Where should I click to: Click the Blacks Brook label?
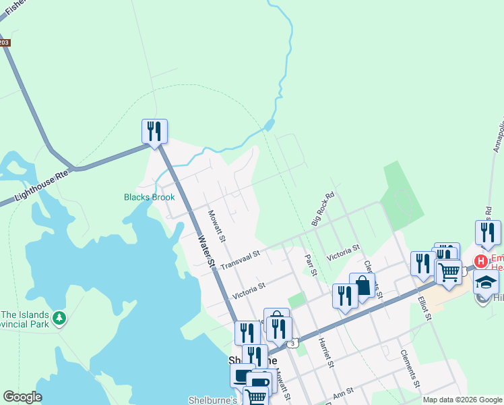coord(149,198)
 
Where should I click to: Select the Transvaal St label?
coord(240,257)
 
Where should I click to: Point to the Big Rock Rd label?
coord(323,210)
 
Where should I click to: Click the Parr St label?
coord(311,264)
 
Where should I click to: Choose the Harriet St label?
coord(326,353)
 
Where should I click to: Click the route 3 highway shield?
coord(292,344)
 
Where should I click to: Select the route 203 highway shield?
coord(4,43)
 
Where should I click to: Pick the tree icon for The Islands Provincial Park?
coord(60,317)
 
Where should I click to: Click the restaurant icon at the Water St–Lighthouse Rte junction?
coord(154,131)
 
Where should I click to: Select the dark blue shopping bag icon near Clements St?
coord(362,285)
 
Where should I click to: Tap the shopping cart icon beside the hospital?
coord(448,271)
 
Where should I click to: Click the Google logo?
coord(22,397)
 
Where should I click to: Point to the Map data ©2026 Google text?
coord(462,400)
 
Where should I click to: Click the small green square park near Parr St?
coord(296,300)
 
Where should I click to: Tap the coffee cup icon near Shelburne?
coord(259,382)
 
